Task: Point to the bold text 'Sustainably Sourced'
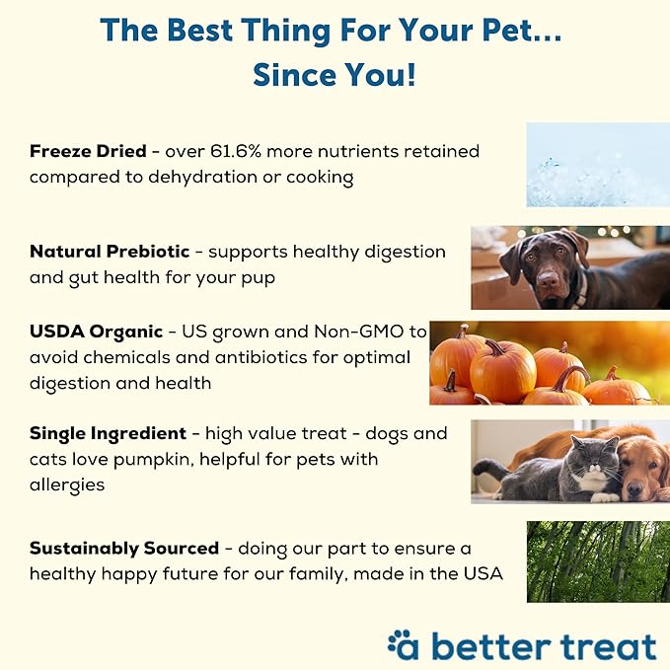click(x=124, y=548)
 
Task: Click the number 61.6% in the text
click(x=239, y=151)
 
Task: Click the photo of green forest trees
click(x=597, y=561)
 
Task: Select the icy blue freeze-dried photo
click(x=597, y=164)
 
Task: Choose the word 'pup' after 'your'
click(x=257, y=278)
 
